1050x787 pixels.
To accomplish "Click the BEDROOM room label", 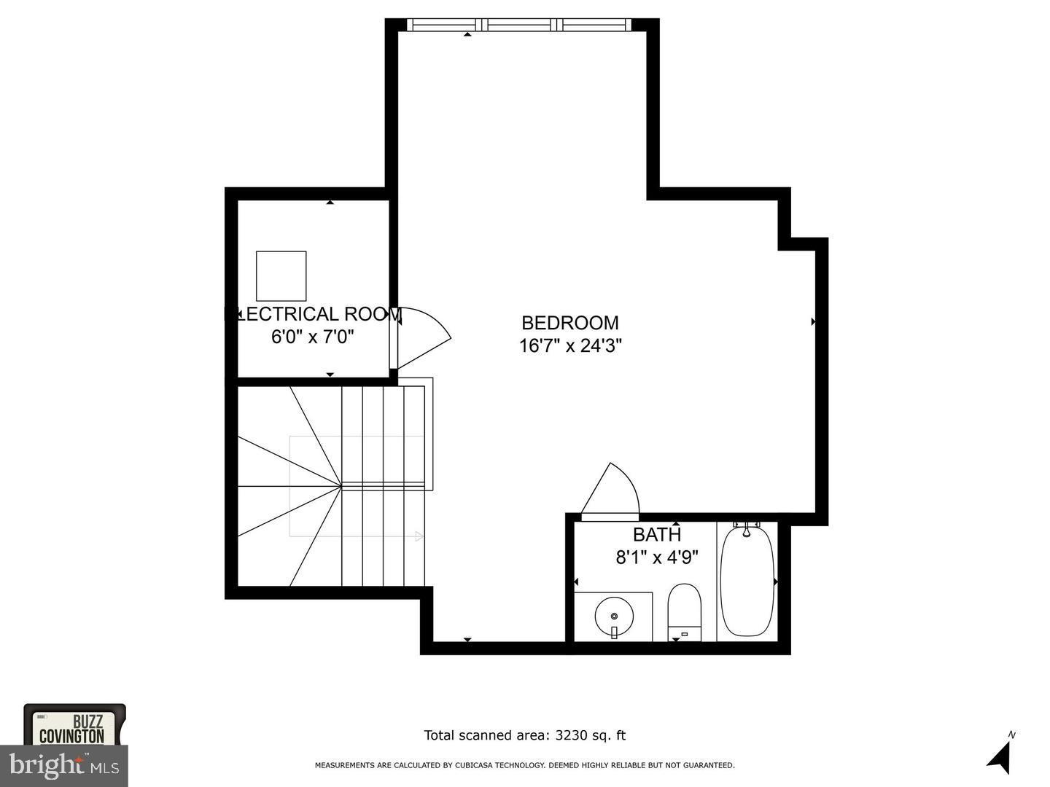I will pos(569,322).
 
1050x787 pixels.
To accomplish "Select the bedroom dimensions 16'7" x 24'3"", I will pos(569,345).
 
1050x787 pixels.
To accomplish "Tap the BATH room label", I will pos(657,534).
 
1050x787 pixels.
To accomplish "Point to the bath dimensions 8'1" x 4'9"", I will pos(657,557).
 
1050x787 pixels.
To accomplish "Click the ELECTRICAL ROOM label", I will pos(313,314).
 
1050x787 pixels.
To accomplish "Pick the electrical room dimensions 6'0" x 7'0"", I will pos(313,337).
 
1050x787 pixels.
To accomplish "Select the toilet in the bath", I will pos(684,611).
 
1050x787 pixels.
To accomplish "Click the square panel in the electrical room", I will pos(281,275).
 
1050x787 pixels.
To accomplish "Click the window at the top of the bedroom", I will pos(518,25).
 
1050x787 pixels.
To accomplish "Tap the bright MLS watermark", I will pos(64,766).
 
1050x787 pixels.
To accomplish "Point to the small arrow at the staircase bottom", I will pos(419,537).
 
